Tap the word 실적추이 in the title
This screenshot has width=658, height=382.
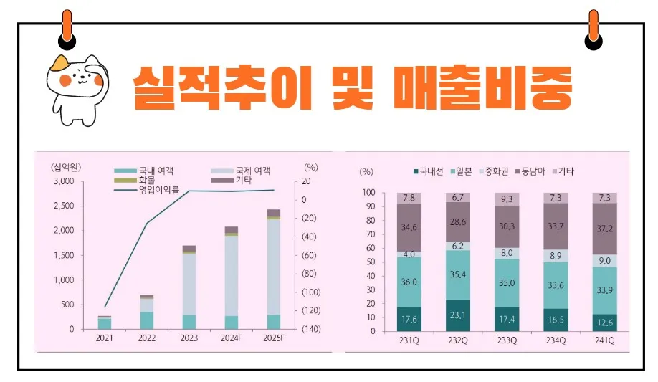point(223,88)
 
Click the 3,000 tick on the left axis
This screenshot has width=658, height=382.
point(64,182)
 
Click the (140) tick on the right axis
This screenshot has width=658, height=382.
point(310,329)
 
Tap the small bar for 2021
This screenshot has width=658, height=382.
point(105,323)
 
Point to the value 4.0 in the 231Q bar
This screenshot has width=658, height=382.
point(409,254)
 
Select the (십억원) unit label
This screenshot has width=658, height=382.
point(66,167)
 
